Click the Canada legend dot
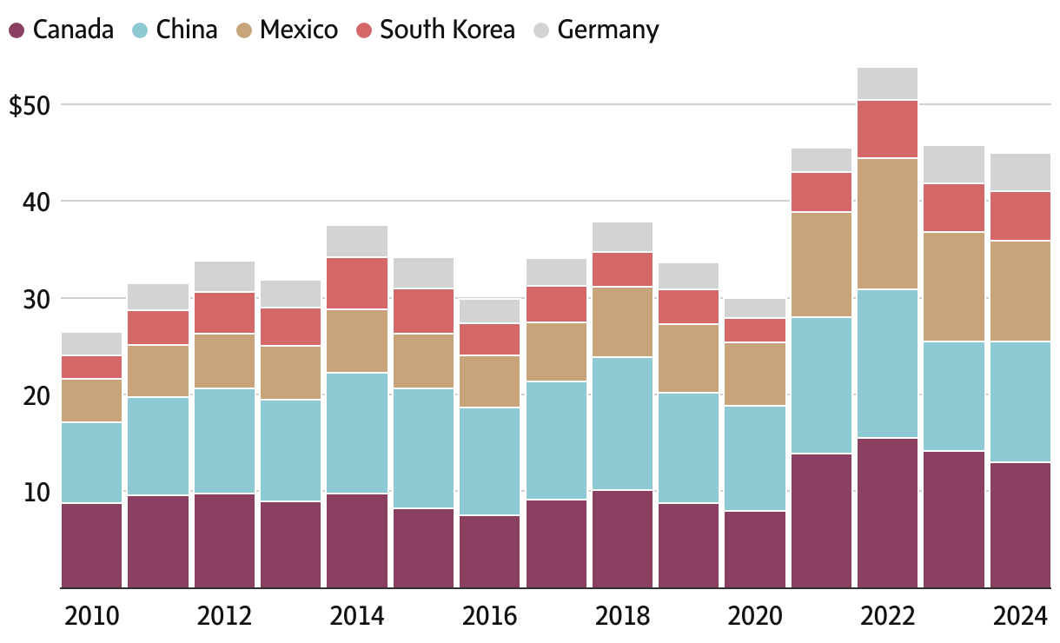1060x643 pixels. point(17,30)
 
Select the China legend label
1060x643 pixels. point(187,30)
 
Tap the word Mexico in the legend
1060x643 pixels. point(299,30)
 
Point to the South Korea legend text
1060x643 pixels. point(447,30)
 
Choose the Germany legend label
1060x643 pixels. point(608,30)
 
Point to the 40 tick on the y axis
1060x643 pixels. point(38,202)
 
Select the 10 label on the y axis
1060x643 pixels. point(38,493)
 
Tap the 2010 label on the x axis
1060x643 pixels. point(92,617)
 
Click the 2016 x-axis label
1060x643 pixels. point(489,617)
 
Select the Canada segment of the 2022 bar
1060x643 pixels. point(887,513)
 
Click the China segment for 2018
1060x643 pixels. point(622,423)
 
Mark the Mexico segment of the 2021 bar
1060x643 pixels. point(821,264)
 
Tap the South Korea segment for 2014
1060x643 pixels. point(357,283)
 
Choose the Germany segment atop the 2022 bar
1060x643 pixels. point(887,83)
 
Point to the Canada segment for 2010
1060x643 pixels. point(92,545)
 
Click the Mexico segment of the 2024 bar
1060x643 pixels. point(1020,291)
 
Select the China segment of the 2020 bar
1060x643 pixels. point(755,458)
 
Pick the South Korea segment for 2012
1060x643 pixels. point(224,313)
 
